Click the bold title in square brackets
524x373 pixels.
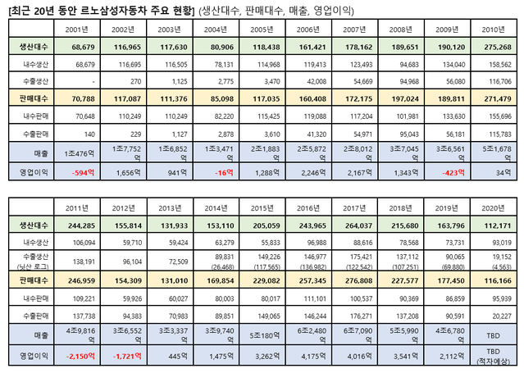coord(99,9)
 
